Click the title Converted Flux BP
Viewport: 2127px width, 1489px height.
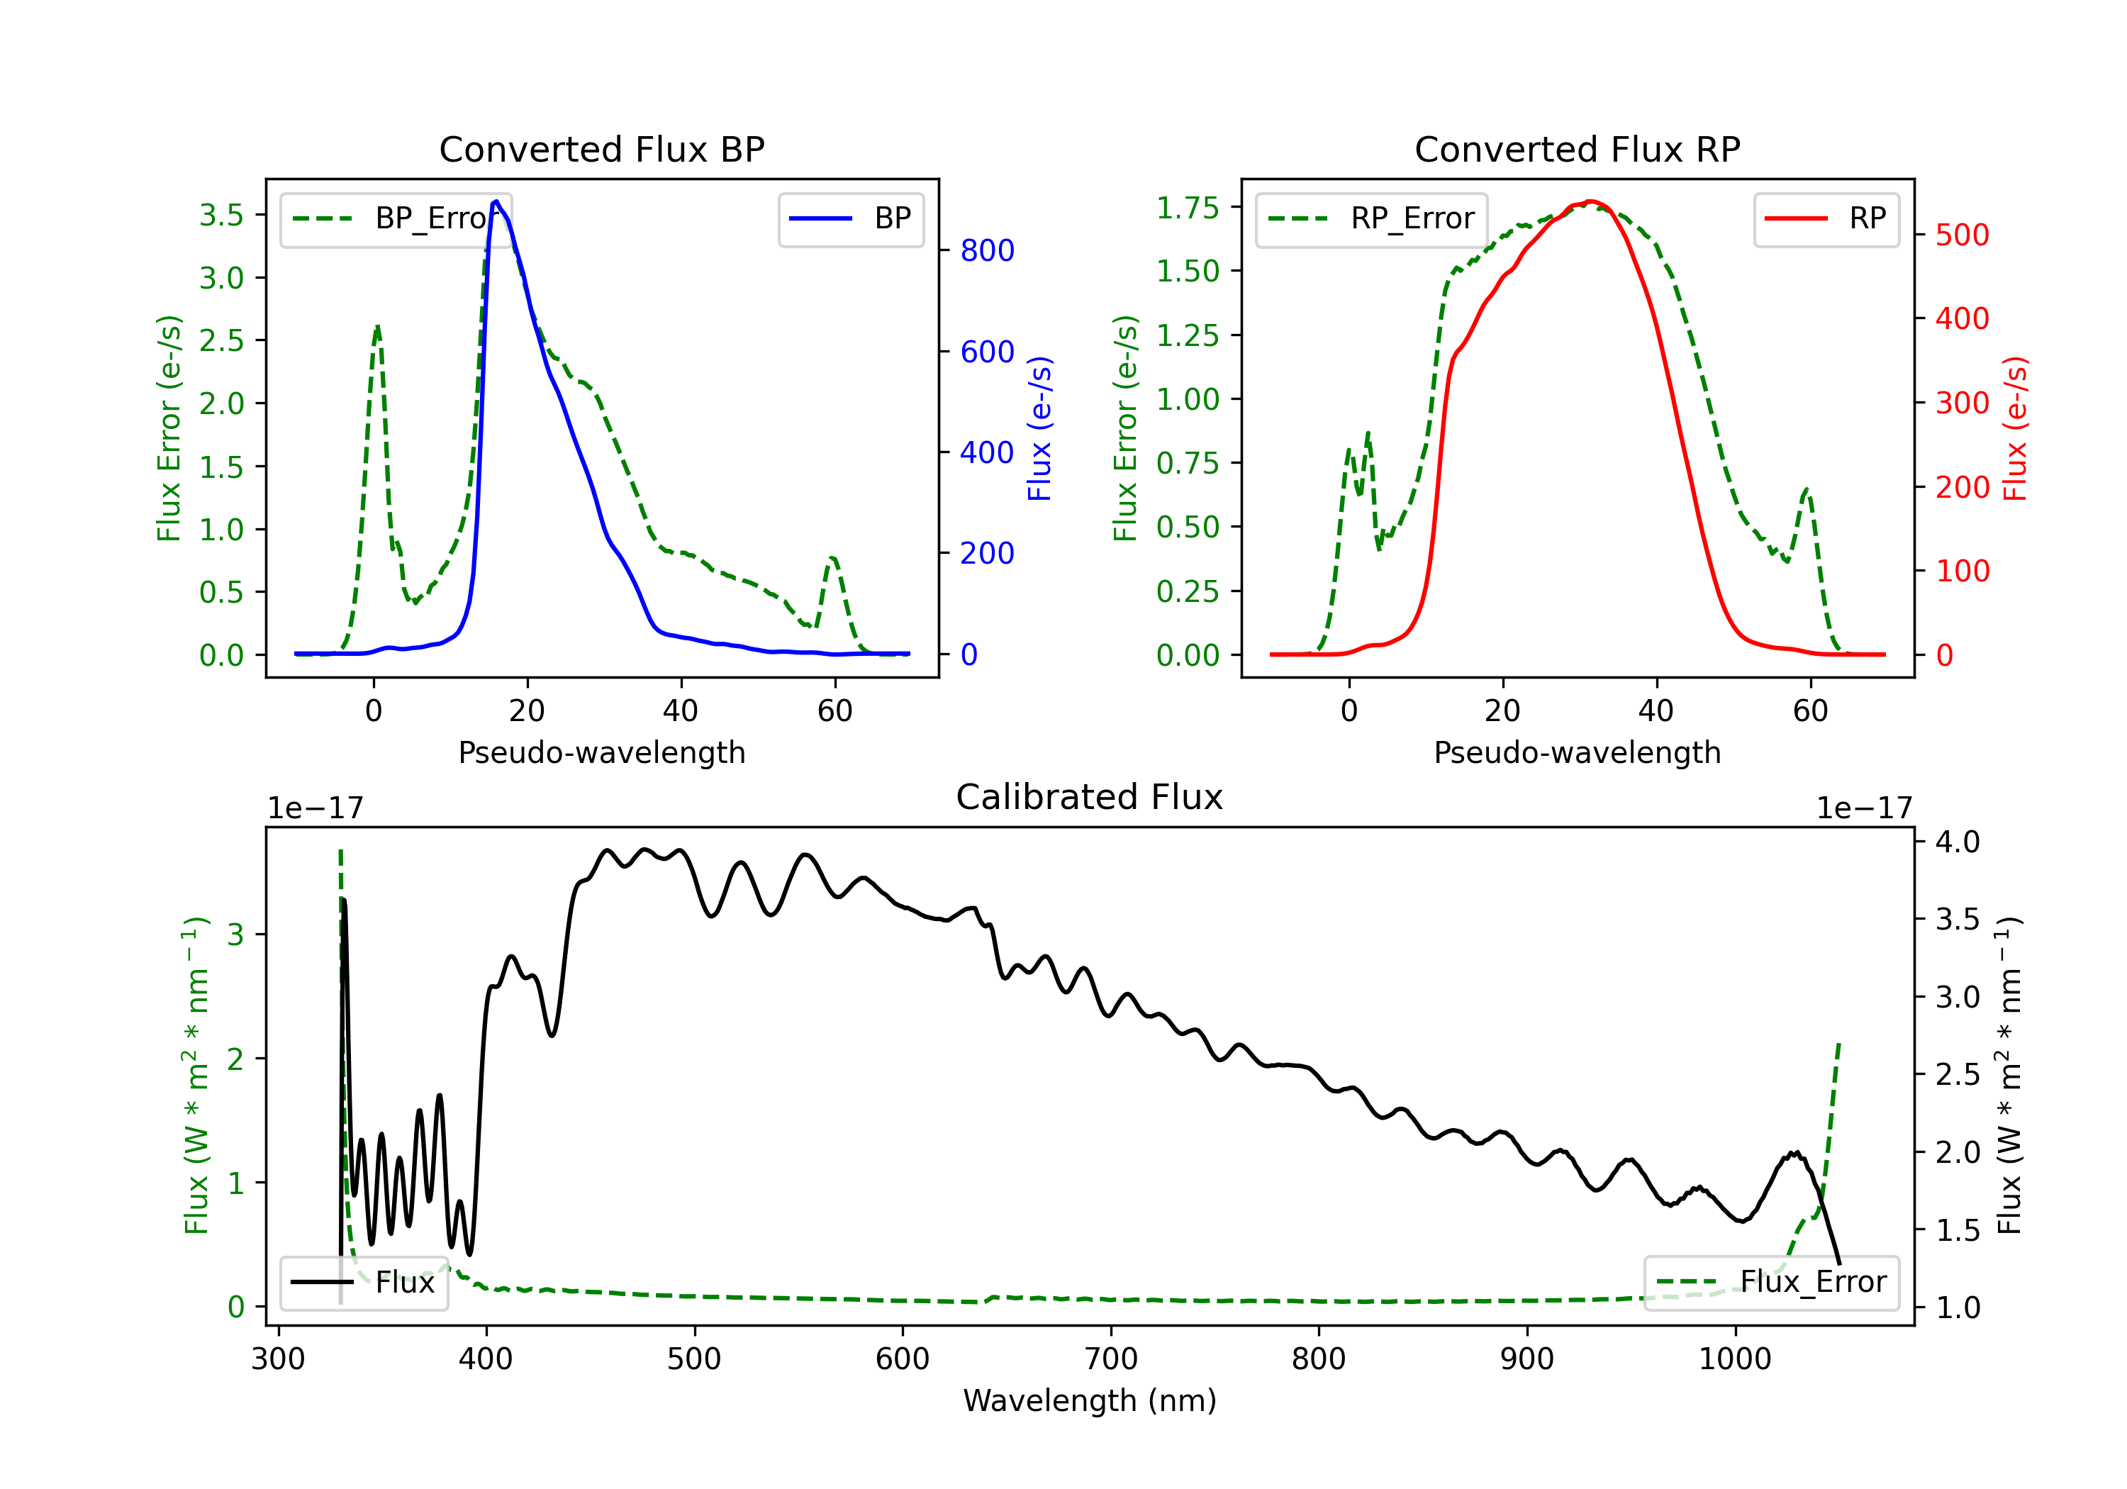click(x=601, y=149)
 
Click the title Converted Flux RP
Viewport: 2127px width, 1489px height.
click(x=1577, y=149)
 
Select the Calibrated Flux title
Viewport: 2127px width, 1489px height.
click(x=1090, y=797)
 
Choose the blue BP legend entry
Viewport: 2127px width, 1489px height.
click(x=850, y=218)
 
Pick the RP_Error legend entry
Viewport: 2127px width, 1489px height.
click(x=1371, y=218)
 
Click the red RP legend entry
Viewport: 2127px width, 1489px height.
click(x=1826, y=218)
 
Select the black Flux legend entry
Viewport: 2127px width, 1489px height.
click(x=363, y=1283)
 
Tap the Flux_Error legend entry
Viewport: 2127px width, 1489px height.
click(x=1771, y=1283)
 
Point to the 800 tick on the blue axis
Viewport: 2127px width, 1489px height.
click(x=987, y=250)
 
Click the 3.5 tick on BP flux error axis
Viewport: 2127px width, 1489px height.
click(x=221, y=215)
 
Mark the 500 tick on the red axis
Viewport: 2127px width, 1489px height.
click(x=1962, y=235)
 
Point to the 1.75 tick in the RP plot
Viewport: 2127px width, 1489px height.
click(x=1188, y=208)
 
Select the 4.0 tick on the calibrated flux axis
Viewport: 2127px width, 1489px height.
click(x=1958, y=842)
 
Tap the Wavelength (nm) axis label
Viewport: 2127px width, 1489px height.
click(x=1090, y=1401)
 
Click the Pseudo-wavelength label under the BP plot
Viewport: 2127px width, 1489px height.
click(x=601, y=752)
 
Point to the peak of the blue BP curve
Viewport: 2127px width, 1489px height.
click(x=496, y=201)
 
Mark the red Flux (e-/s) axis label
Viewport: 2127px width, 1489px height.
click(x=2015, y=429)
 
